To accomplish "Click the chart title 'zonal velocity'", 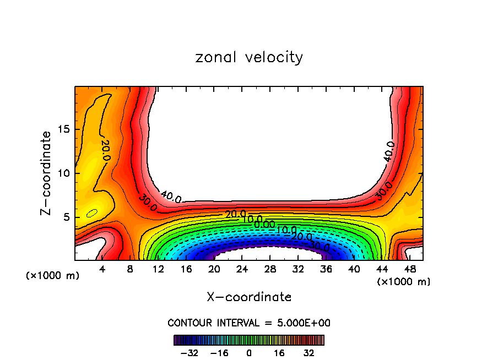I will pos(249,57).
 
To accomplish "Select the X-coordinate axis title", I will pos(249,297).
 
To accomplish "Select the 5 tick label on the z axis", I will pos(67,217).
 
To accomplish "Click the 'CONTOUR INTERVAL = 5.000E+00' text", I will pos(249,323).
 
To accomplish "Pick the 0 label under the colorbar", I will pos(249,352).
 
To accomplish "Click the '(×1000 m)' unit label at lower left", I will pos(53,276).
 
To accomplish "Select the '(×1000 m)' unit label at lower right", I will pos(403,282).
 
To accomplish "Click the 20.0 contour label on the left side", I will pos(105,150).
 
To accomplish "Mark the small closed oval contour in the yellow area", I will pos(92,213).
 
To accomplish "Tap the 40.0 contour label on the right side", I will pos(389,151).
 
